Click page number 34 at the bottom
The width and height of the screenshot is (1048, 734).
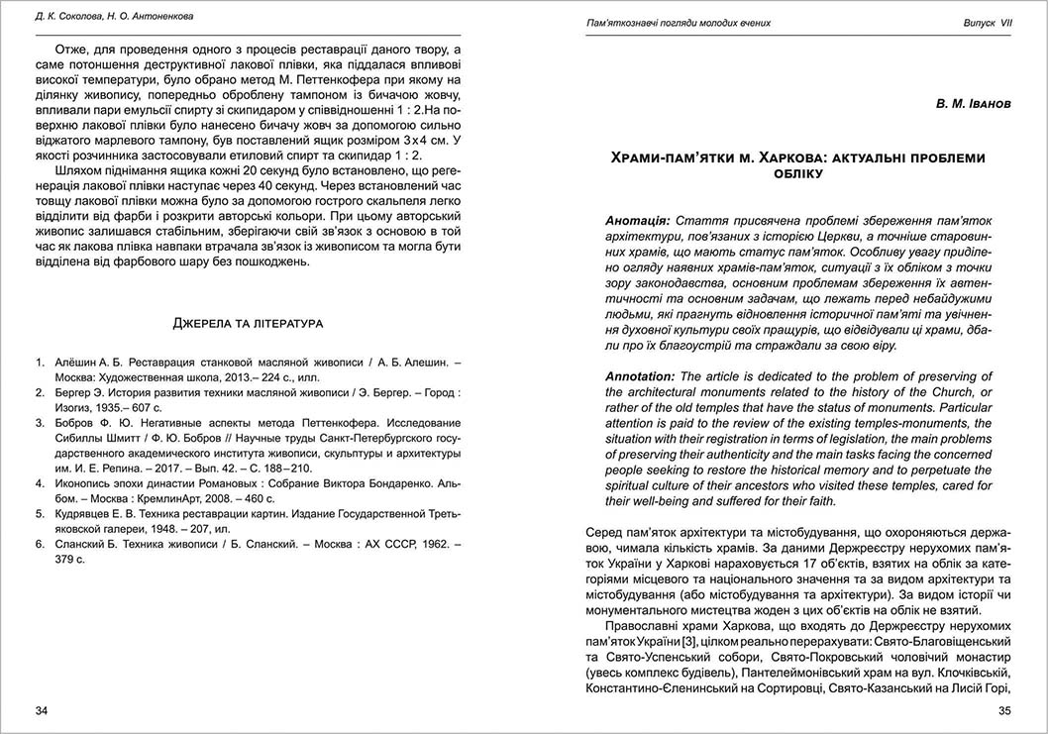point(41,711)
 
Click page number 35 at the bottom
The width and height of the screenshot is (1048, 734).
point(1003,711)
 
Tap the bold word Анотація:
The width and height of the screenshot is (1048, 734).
point(638,219)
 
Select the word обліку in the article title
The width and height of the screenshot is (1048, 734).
point(797,173)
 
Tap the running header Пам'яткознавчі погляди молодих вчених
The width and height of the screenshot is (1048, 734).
point(679,22)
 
